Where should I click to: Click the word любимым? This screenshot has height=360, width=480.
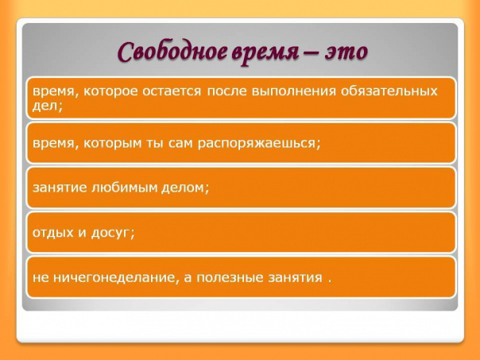pyautogui.click(x=122, y=188)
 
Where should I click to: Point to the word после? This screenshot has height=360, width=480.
pyautogui.click(x=226, y=91)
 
